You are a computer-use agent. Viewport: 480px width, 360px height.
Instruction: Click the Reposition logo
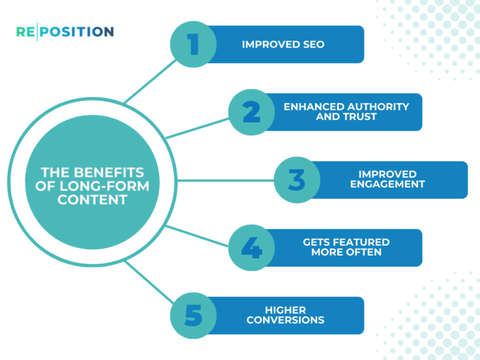tap(65, 31)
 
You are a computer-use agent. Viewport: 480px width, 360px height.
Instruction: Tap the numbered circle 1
tap(194, 44)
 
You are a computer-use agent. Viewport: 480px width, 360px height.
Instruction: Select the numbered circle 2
tap(251, 112)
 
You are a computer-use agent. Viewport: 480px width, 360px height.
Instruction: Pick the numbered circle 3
tap(297, 180)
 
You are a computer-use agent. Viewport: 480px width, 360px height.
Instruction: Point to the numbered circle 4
tap(251, 248)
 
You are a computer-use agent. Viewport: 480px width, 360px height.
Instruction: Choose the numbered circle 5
tap(194, 316)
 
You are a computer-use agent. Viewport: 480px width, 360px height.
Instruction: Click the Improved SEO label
tap(283, 44)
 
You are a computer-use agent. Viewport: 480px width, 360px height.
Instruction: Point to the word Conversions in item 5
tap(285, 320)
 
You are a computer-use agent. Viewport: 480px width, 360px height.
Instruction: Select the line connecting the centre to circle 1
tap(148, 81)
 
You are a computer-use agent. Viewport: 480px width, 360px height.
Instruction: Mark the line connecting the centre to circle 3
tap(225, 180)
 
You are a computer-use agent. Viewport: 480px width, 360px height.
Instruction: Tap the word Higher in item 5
tap(285, 310)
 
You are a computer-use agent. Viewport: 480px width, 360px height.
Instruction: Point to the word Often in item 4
tap(364, 252)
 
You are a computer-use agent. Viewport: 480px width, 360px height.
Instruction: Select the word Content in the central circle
tap(92, 200)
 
